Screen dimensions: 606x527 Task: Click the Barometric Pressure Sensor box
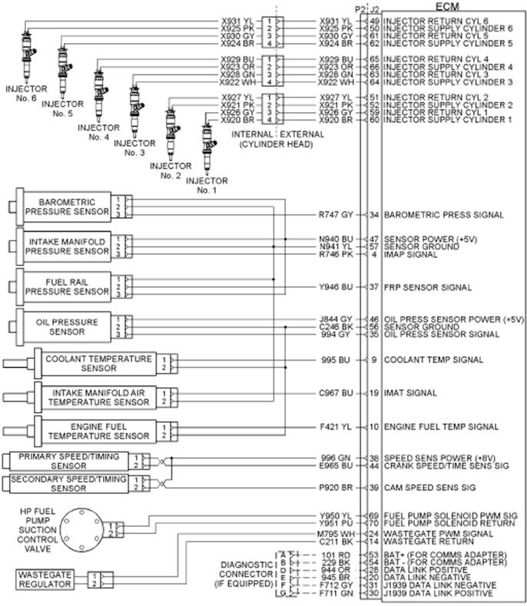[x=65, y=206]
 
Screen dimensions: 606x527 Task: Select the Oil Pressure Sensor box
[x=65, y=326]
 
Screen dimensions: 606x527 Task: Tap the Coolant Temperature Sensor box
[x=95, y=363]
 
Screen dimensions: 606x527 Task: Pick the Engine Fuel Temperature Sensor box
[x=95, y=430]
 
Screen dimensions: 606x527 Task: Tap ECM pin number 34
[x=374, y=215]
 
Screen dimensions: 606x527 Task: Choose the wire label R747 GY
[x=336, y=215]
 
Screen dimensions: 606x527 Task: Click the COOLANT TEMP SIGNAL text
[x=433, y=359]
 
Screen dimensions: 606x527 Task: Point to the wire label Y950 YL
[x=336, y=516]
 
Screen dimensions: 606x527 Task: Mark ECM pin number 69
[x=374, y=516]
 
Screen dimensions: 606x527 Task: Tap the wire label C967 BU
[x=336, y=393]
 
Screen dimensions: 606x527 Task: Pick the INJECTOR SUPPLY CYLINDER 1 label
[x=448, y=120]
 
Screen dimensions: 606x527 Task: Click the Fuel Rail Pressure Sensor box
[x=65, y=286]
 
